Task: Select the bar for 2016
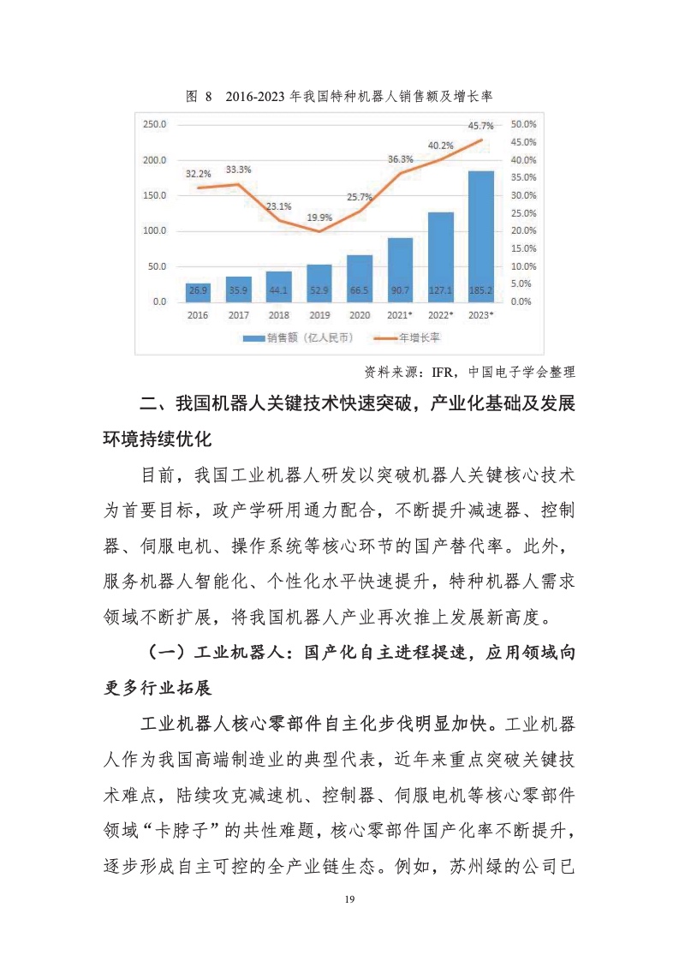pos(198,292)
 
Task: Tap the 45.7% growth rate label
pos(480,126)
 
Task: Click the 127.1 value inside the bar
pos(440,290)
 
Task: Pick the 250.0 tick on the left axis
pos(155,124)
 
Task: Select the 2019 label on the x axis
pos(319,315)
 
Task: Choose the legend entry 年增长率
pos(417,338)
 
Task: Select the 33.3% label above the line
pos(239,170)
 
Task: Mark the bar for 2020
pos(360,278)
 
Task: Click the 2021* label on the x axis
pos(400,315)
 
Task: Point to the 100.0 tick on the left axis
pos(155,231)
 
